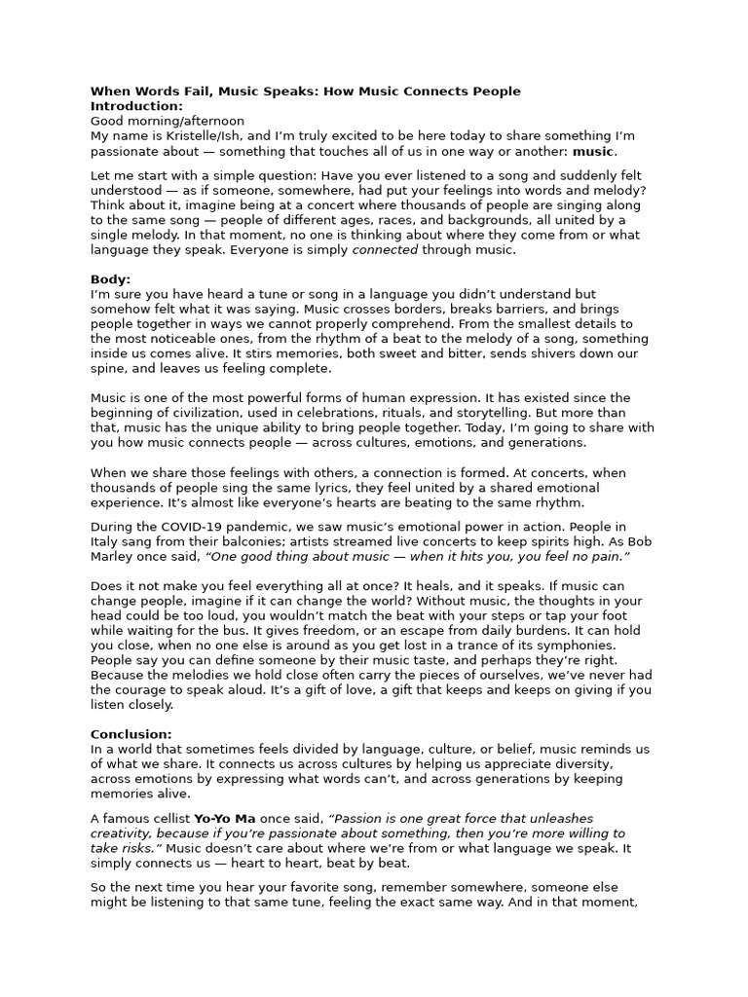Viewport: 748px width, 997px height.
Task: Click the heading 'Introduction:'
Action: point(136,106)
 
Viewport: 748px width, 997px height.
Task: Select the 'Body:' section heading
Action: point(110,279)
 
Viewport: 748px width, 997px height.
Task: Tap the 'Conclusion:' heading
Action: point(131,734)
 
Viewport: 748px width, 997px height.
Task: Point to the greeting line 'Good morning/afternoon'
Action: point(168,121)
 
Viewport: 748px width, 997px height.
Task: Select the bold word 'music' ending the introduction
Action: point(593,152)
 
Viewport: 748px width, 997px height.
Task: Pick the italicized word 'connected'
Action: point(385,250)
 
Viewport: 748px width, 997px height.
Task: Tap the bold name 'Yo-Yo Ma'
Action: point(222,819)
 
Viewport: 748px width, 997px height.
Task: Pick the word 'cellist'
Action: point(167,819)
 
